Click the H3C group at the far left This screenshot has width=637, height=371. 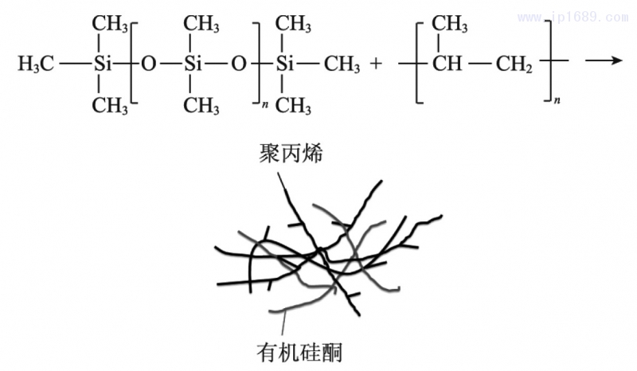coord(37,64)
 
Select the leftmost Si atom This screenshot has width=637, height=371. coord(99,64)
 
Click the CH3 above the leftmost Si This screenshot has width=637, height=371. coord(109,24)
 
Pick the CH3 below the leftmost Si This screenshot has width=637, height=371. coord(109,105)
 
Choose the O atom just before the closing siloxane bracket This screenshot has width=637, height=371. coord(236,64)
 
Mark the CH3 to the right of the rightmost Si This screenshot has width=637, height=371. coord(342,64)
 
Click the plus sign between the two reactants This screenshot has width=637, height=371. coord(377,64)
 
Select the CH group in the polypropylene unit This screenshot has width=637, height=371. coord(447,64)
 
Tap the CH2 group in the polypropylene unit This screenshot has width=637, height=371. coord(513,64)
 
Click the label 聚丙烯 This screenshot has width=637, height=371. coord(291,154)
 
